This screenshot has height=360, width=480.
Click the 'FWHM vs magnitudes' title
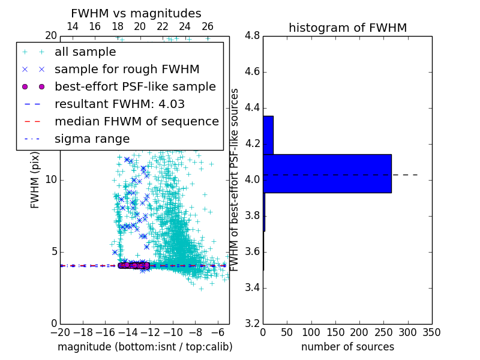[x=136, y=13]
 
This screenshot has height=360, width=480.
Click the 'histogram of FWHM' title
[x=347, y=28]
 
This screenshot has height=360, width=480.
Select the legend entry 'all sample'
[x=85, y=52]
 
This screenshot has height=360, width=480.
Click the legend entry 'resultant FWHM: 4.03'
[x=119, y=104]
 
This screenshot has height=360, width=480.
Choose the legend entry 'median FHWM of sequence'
[x=136, y=122]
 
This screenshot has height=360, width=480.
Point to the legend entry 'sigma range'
[x=92, y=139]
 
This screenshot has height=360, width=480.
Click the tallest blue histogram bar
[x=327, y=173]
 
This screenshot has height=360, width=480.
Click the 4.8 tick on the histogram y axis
[x=253, y=36]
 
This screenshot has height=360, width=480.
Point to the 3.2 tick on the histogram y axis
[x=253, y=323]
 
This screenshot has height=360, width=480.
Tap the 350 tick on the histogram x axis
[x=431, y=332]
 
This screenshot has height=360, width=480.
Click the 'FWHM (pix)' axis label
[x=35, y=180]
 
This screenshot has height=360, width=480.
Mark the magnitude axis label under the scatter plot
[x=145, y=347]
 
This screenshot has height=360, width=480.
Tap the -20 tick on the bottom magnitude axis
[x=60, y=332]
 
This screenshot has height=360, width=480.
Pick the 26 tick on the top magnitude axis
[x=208, y=27]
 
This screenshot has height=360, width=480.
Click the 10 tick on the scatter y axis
[x=51, y=180]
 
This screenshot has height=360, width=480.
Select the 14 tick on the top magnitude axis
[x=72, y=27]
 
